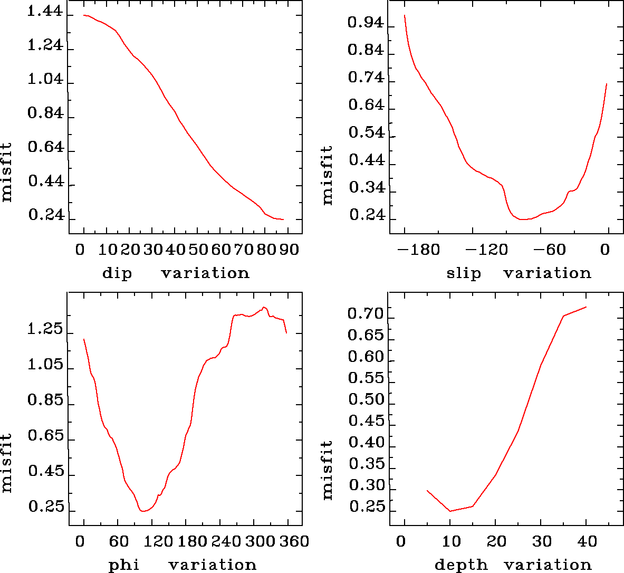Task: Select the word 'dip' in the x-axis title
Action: click(117, 273)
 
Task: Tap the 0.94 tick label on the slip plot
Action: click(366, 23)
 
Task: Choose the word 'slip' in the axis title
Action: click(464, 273)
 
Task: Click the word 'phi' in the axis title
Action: click(124, 565)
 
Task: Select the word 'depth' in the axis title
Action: click(461, 565)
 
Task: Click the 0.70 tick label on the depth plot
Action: click(366, 314)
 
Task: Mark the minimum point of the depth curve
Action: click(450, 511)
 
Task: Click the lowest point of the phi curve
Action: click(142, 511)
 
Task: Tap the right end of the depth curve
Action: click(586, 307)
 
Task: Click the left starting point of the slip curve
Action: click(404, 15)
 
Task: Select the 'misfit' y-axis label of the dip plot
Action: click(7, 172)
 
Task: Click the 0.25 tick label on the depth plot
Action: click(366, 507)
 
